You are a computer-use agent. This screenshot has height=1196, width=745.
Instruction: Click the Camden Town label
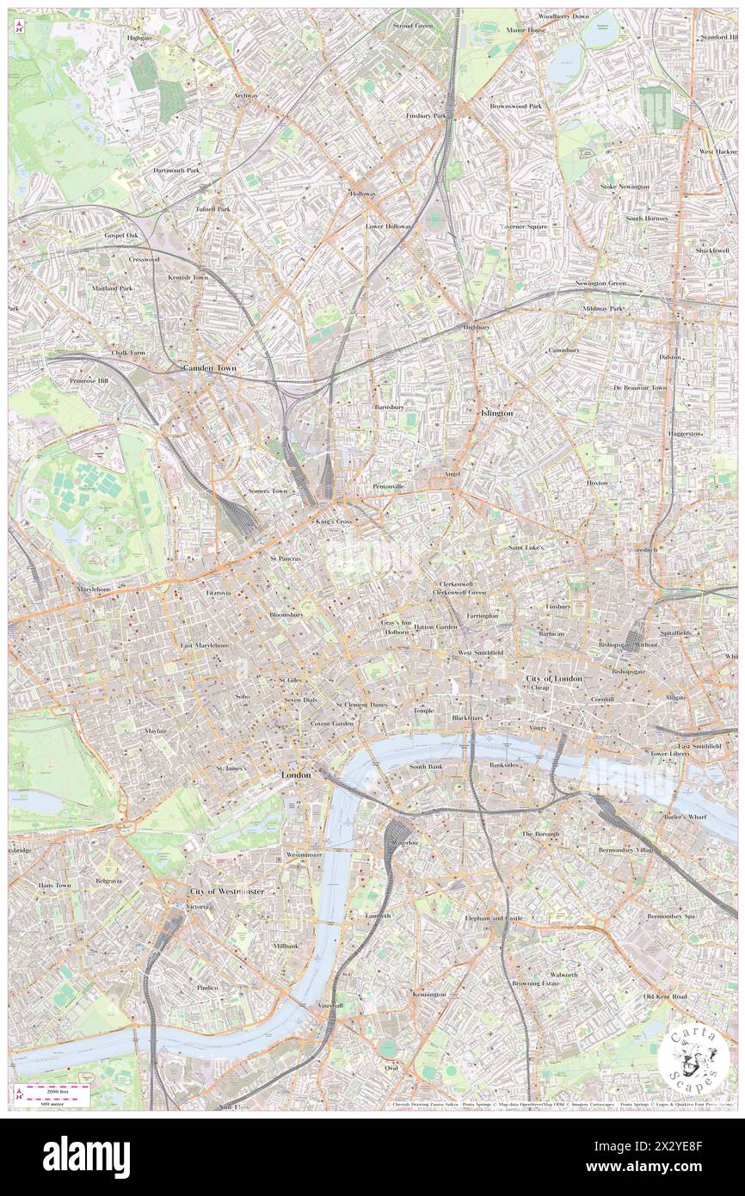click(209, 367)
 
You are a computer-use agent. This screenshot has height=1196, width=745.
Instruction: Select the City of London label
click(554, 679)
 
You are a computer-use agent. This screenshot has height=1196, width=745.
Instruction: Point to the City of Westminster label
click(227, 891)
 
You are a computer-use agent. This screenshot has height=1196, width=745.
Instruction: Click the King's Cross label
click(333, 522)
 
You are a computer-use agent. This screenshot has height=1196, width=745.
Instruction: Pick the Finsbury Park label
click(427, 115)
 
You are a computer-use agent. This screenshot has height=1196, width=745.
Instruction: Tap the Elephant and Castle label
click(493, 918)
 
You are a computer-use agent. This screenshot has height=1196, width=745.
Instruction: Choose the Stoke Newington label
click(625, 187)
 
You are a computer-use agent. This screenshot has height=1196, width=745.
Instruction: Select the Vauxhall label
click(329, 1005)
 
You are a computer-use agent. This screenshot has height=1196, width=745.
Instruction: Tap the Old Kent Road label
click(665, 996)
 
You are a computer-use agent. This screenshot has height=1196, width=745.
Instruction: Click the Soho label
click(242, 696)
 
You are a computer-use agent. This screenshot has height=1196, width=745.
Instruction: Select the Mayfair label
click(154, 730)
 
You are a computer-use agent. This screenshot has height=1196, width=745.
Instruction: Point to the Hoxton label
click(597, 483)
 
